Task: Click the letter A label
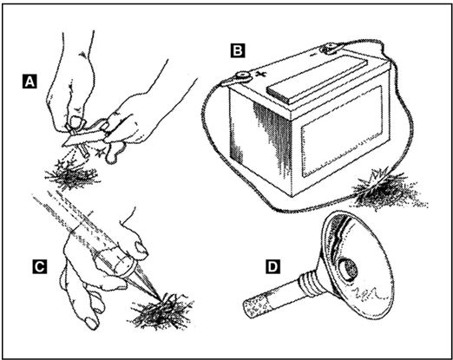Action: [30, 81]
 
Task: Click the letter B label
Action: [238, 50]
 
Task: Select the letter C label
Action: [39, 266]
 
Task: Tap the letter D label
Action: [272, 266]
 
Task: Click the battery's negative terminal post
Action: [329, 47]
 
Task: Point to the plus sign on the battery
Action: [261, 74]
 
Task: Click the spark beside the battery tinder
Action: [377, 177]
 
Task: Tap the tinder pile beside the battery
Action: [388, 193]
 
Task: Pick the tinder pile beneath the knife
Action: [72, 176]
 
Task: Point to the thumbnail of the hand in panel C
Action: [141, 249]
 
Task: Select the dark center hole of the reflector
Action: [348, 270]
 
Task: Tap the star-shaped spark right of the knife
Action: [100, 152]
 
